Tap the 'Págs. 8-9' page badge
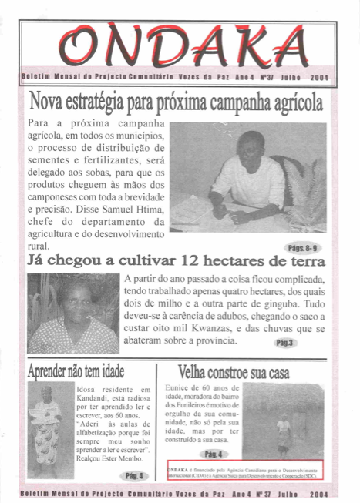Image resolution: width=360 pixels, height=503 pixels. click(304, 249)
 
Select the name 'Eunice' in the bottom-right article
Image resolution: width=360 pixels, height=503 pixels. click(180, 390)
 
